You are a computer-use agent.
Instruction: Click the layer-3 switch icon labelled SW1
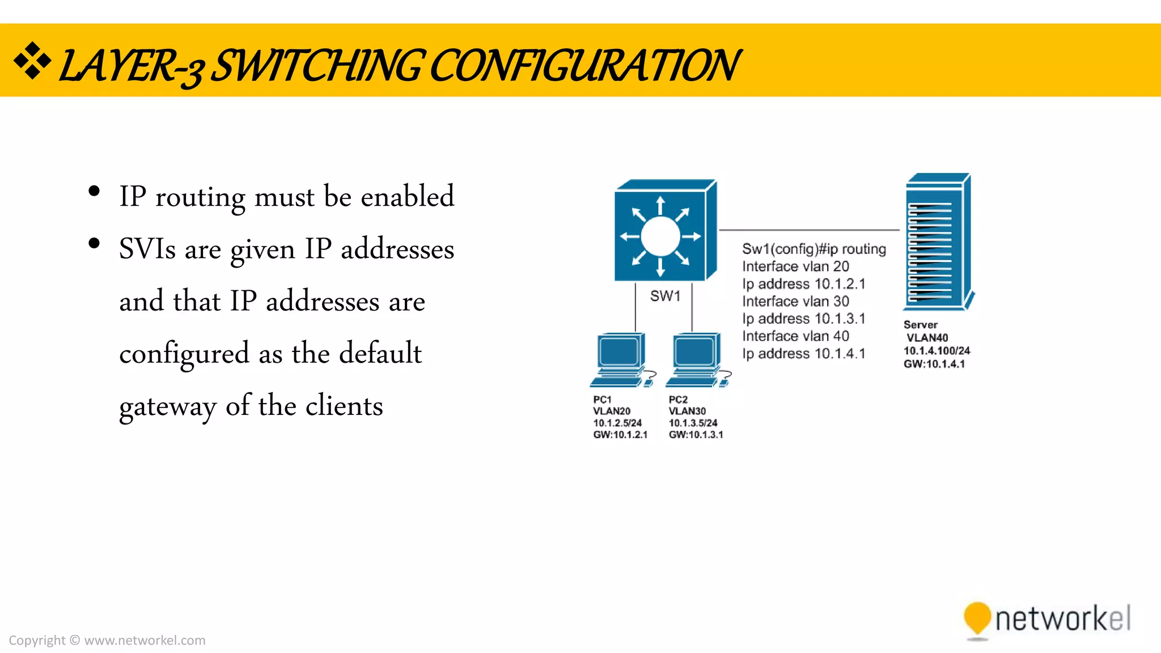(x=664, y=232)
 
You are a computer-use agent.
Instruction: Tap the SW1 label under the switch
(x=665, y=296)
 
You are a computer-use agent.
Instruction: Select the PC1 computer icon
(x=621, y=359)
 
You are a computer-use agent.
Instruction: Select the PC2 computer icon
(x=697, y=359)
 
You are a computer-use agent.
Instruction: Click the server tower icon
(x=937, y=243)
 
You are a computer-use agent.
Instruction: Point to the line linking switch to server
(x=809, y=230)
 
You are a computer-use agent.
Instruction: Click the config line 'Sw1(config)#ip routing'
(x=814, y=249)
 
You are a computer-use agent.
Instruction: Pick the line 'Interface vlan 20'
(x=795, y=266)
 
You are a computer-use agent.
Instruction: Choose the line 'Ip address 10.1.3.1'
(x=804, y=319)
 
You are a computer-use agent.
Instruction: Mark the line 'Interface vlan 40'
(x=795, y=336)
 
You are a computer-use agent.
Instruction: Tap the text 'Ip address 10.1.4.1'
(x=804, y=354)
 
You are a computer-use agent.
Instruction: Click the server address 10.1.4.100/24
(x=937, y=351)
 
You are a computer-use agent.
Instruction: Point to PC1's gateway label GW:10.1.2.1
(x=620, y=435)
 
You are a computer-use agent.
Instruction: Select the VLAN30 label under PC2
(x=687, y=411)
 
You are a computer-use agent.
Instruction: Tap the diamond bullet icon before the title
(x=32, y=61)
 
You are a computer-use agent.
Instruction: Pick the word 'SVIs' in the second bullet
(x=147, y=249)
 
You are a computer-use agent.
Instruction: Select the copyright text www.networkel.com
(x=145, y=641)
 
